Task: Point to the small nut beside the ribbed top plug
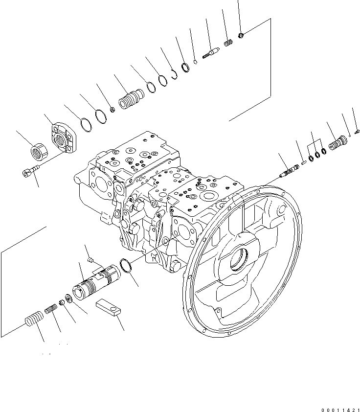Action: pyautogui.click(x=112, y=109)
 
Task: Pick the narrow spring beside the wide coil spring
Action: pyautogui.click(x=51, y=309)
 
